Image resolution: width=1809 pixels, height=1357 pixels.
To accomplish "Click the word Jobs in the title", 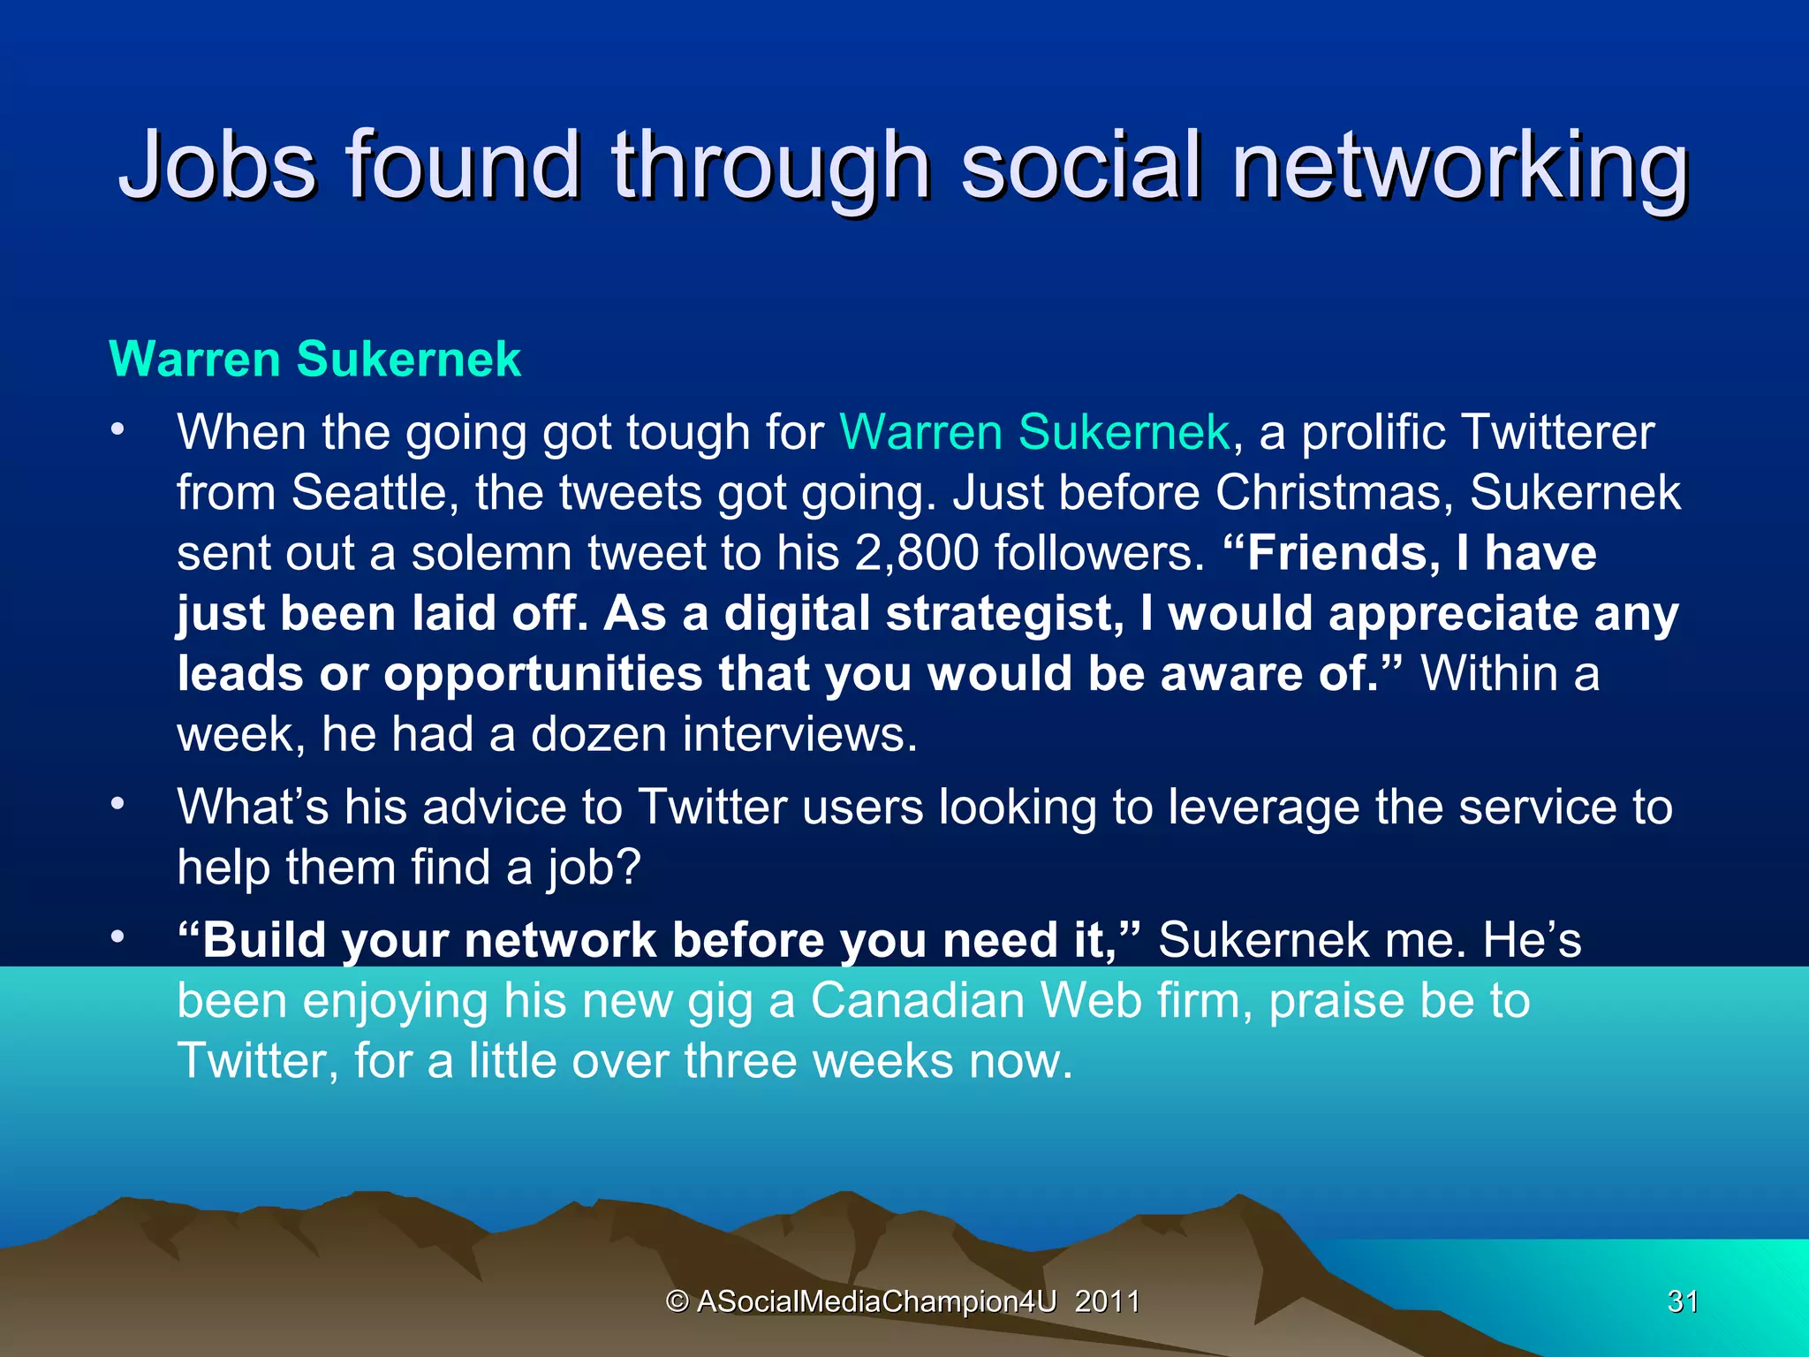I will click(x=217, y=165).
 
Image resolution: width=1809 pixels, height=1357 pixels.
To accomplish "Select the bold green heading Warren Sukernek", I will click(x=314, y=360).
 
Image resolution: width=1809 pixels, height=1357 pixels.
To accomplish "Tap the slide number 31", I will click(x=1682, y=1301).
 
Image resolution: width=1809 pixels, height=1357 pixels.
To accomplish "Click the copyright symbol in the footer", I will click(x=677, y=1301).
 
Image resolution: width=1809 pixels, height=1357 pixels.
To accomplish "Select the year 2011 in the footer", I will click(x=1107, y=1301).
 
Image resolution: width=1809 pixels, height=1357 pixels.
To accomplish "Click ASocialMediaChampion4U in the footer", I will click(x=876, y=1301).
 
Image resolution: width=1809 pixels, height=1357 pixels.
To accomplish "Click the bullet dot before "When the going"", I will click(x=117, y=431).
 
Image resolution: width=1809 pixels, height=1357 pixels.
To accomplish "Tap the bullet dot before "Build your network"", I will click(x=117, y=937).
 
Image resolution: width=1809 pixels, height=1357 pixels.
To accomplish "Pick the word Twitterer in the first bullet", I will click(x=1558, y=433).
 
